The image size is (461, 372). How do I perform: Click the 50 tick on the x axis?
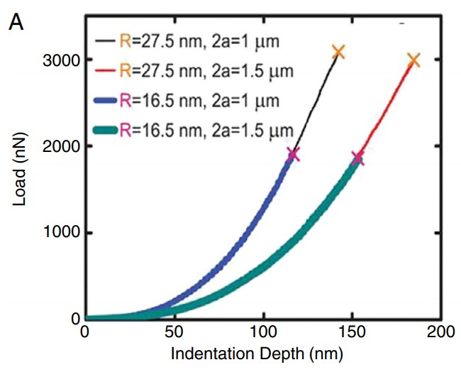coord(174,333)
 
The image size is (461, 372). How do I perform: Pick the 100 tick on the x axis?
coord(263,333)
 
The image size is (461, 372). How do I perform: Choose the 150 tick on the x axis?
coord(352,333)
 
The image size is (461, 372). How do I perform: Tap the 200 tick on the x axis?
coord(440,333)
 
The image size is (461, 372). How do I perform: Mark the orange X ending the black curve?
coord(338,51)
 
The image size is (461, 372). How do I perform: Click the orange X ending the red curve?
coord(413,60)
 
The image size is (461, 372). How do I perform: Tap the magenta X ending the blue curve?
coord(293,154)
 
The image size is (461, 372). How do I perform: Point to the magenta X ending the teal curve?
coord(357,158)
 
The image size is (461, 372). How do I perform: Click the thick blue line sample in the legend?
coord(104,100)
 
